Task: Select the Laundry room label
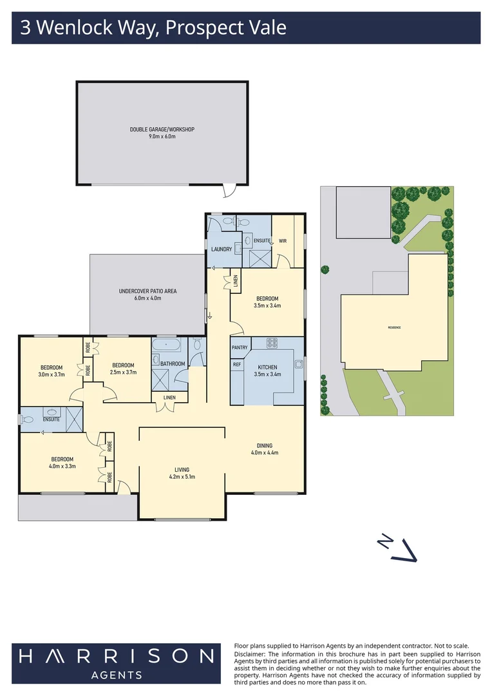pos(221,249)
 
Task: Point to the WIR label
pos(282,241)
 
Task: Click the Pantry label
pos(240,347)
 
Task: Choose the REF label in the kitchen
pos(236,364)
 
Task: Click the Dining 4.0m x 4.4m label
pos(264,449)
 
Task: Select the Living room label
pos(182,473)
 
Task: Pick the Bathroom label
pos(173,363)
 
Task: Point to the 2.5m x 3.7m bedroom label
pos(122,368)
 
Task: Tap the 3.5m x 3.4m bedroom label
pos(267,302)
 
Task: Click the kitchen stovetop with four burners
pos(272,343)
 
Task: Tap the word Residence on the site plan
pos(394,327)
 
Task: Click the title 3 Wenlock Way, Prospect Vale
pos(153,28)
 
